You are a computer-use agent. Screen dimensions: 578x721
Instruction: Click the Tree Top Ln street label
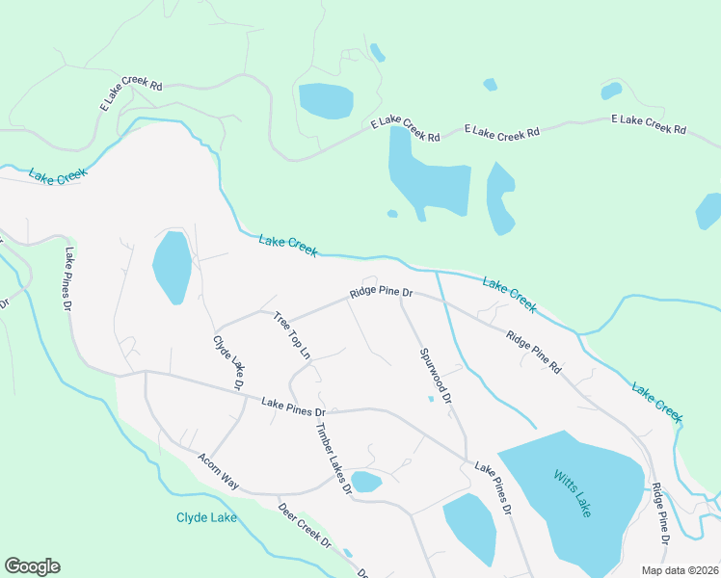pyautogui.click(x=292, y=335)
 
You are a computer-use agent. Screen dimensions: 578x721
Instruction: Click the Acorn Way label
pyautogui.click(x=218, y=471)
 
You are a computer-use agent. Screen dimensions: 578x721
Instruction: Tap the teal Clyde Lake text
pyautogui.click(x=206, y=517)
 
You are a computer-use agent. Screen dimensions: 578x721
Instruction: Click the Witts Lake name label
pyautogui.click(x=573, y=492)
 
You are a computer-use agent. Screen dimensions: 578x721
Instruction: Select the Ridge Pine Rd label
pyautogui.click(x=534, y=352)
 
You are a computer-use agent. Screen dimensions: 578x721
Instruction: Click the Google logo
pyautogui.click(x=32, y=566)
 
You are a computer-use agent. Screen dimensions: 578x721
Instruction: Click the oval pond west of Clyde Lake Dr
pyautogui.click(x=172, y=267)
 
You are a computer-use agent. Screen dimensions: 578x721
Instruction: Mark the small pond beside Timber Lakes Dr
pyautogui.click(x=366, y=481)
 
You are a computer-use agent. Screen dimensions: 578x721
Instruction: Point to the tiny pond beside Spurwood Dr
pyautogui.click(x=431, y=398)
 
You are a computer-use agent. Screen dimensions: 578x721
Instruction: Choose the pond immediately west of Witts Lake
pyautogui.click(x=469, y=528)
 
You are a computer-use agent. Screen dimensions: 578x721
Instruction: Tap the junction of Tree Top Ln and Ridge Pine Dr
pyautogui.click(x=275, y=314)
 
